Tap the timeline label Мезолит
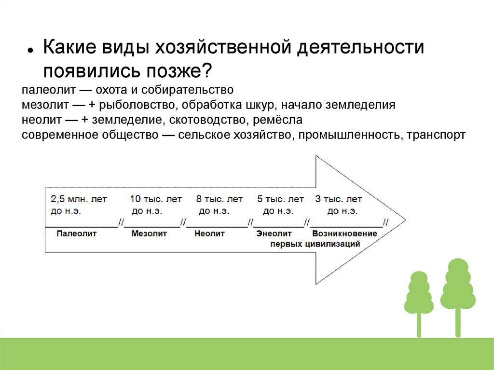pyautogui.click(x=149, y=233)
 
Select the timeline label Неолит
pyautogui.click(x=210, y=233)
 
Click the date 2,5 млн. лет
pyautogui.click(x=79, y=199)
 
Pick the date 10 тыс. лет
pyautogui.click(x=156, y=199)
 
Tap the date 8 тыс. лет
pyautogui.click(x=220, y=199)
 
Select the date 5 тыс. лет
pyautogui.click(x=281, y=199)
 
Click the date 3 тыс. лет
pyautogui.click(x=338, y=199)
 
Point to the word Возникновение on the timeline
pyautogui.click(x=344, y=233)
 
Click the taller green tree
pyautogui.click(x=458, y=289)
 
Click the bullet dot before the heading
pyautogui.click(x=30, y=51)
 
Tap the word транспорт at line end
pyautogui.click(x=436, y=135)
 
